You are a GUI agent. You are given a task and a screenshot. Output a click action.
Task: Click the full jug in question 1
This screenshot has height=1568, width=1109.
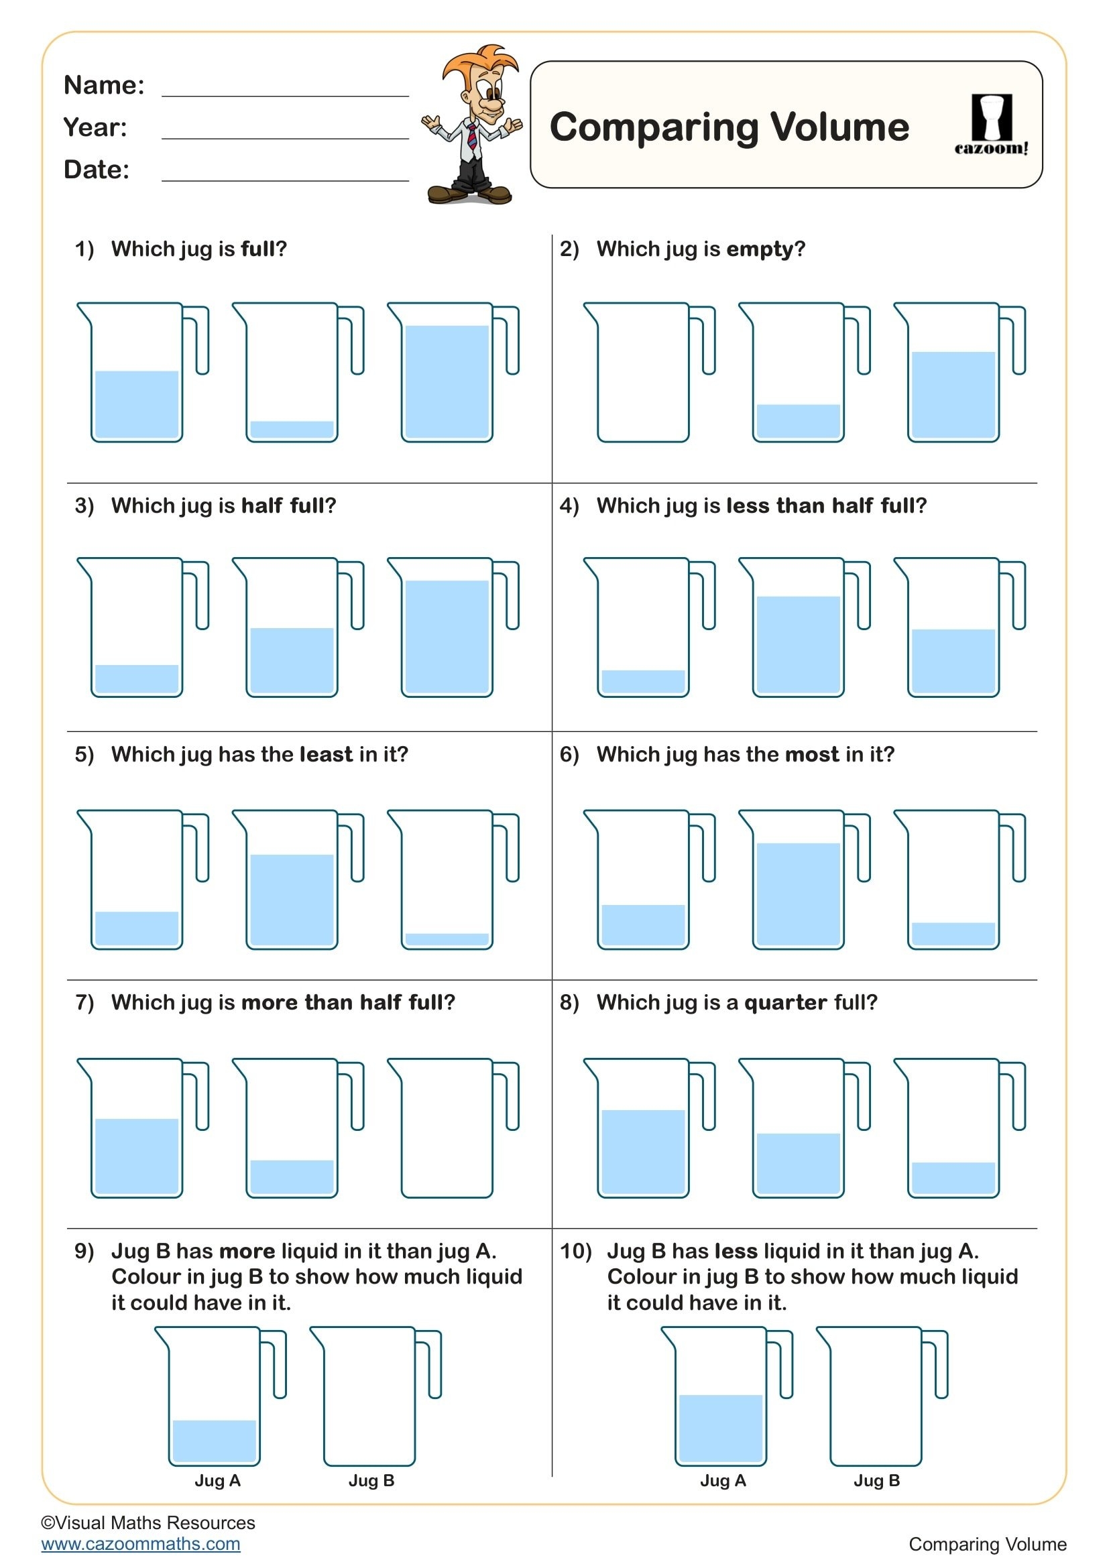click(447, 373)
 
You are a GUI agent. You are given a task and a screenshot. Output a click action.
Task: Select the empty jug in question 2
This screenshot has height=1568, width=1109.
click(642, 373)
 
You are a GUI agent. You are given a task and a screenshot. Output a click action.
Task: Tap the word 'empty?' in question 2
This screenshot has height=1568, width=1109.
click(766, 249)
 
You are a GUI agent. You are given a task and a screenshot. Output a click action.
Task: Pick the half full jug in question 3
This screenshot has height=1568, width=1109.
click(292, 628)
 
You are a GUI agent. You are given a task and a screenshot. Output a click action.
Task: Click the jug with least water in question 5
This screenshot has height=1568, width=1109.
click(447, 880)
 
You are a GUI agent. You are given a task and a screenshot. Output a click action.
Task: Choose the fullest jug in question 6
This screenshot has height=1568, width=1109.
click(798, 880)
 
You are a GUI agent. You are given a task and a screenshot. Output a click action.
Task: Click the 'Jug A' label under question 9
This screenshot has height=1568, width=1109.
click(217, 1481)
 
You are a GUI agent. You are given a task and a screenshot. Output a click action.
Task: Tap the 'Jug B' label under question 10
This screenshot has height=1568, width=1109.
click(876, 1481)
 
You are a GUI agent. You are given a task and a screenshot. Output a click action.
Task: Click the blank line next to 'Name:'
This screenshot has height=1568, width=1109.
click(285, 88)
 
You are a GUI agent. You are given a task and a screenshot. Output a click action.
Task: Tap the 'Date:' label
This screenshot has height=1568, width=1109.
click(97, 170)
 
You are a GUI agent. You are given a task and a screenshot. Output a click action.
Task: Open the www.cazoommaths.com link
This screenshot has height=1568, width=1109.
click(141, 1544)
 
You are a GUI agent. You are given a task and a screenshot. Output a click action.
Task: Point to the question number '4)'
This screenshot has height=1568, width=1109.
click(569, 506)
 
